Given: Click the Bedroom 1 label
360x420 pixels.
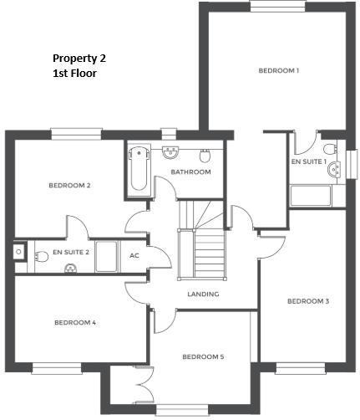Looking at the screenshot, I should pyautogui.click(x=279, y=71).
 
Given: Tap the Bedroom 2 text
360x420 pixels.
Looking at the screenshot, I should pyautogui.click(x=69, y=185).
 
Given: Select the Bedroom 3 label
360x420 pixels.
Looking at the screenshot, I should pyautogui.click(x=308, y=301).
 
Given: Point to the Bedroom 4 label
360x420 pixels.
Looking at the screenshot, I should pyautogui.click(x=75, y=322).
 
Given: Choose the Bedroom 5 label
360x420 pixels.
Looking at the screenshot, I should pyautogui.click(x=203, y=357).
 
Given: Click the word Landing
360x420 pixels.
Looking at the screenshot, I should pyautogui.click(x=203, y=294).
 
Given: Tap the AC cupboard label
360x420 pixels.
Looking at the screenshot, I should pyautogui.click(x=134, y=256).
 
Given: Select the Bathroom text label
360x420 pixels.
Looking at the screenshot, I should pyautogui.click(x=190, y=172).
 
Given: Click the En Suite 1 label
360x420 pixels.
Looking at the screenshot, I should pyautogui.click(x=308, y=161).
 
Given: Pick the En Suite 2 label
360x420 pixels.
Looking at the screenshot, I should pyautogui.click(x=70, y=251).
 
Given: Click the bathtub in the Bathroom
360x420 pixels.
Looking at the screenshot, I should pyautogui.click(x=139, y=170).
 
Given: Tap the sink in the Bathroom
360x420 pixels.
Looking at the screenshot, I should pyautogui.click(x=170, y=152).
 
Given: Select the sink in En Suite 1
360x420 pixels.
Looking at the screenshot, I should pyautogui.click(x=336, y=167).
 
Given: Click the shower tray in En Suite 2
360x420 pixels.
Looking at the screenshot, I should pyautogui.click(x=105, y=256).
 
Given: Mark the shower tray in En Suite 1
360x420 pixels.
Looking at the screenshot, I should pyautogui.click(x=310, y=196).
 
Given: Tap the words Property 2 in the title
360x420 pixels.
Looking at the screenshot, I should pyautogui.click(x=79, y=59).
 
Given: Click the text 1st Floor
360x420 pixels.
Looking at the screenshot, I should pyautogui.click(x=74, y=74).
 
